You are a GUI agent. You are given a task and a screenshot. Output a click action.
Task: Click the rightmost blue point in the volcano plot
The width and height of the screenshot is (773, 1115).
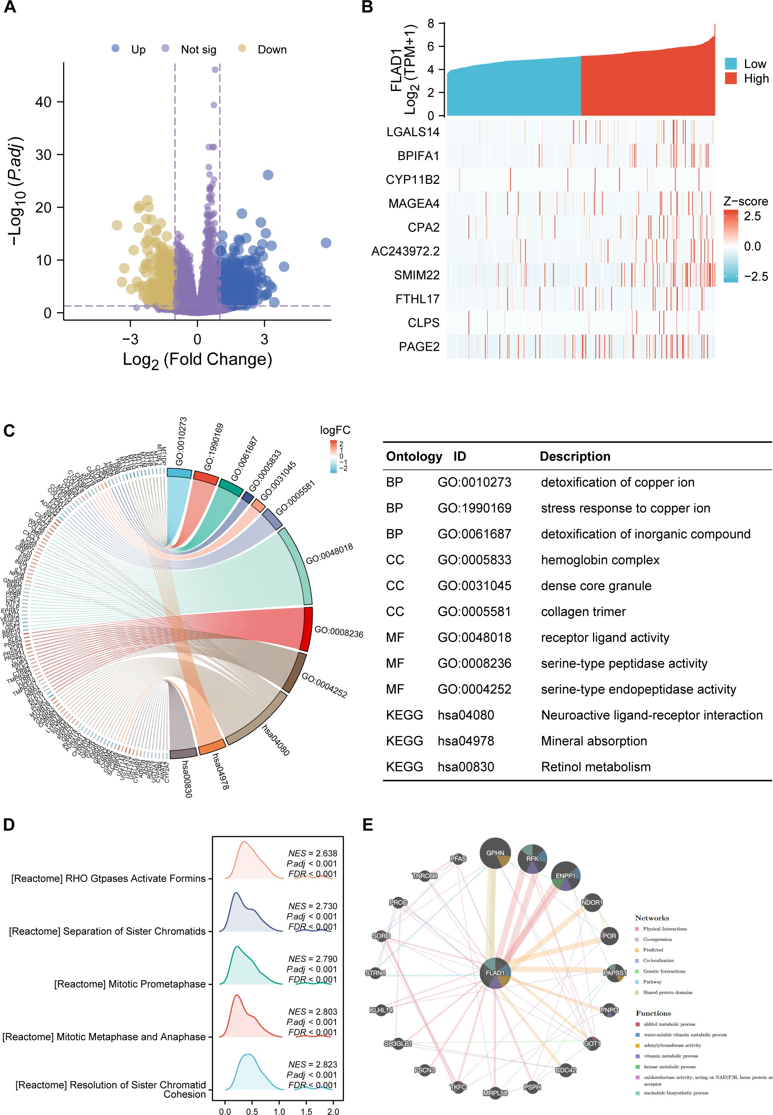pos(326,243)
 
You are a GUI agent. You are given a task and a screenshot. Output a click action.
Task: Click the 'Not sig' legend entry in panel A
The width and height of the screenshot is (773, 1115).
pos(198,49)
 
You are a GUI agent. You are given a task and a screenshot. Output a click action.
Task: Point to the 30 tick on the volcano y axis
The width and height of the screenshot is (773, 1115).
pos(43,155)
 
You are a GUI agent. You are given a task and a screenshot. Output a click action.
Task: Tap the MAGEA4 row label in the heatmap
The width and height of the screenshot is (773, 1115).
pos(414,204)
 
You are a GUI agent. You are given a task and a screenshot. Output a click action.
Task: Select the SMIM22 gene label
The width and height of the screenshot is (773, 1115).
pos(416,275)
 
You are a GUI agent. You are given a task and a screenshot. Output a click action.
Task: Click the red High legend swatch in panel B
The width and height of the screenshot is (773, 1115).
pos(731,79)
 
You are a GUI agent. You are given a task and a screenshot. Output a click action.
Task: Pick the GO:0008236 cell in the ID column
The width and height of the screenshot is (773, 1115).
pos(474,663)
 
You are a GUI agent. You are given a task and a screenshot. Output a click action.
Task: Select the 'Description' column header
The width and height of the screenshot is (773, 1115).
pos(575,456)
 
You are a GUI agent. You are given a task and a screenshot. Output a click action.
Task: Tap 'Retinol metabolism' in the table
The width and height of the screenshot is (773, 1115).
pos(596,767)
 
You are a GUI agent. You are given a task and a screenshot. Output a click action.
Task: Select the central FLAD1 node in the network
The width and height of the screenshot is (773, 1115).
pos(495,973)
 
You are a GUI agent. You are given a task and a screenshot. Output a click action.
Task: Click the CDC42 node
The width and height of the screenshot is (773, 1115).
pos(565,1069)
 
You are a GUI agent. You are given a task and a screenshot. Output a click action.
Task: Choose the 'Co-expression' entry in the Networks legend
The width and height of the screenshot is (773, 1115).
pos(657,939)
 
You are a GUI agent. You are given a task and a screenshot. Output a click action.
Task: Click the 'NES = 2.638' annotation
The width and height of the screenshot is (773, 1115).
pos(312,853)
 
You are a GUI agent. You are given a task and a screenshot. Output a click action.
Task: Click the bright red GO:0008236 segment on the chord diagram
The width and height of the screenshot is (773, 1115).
pos(305,629)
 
